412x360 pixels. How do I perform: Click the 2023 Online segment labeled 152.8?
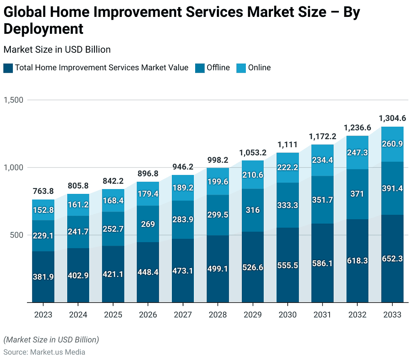[43, 210]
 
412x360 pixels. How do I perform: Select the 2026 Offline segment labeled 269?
[148, 224]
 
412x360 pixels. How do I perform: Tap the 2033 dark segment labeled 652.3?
[392, 259]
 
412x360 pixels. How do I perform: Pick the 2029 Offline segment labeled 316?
[252, 210]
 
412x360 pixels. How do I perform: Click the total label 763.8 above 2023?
[43, 191]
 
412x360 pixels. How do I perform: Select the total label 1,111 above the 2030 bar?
[287, 144]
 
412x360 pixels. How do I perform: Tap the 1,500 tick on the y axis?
[14, 100]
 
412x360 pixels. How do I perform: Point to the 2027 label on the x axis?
[183, 315]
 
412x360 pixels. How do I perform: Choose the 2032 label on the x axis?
[357, 315]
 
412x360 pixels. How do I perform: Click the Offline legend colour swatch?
[200, 68]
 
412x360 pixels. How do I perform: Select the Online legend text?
[259, 68]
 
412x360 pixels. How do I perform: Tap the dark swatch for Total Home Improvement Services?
[8, 68]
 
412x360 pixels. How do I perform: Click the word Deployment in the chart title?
[43, 29]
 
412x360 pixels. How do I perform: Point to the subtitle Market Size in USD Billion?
[57, 49]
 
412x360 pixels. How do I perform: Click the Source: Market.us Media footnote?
[44, 352]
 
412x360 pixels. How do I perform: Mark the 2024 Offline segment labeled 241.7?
[78, 232]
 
